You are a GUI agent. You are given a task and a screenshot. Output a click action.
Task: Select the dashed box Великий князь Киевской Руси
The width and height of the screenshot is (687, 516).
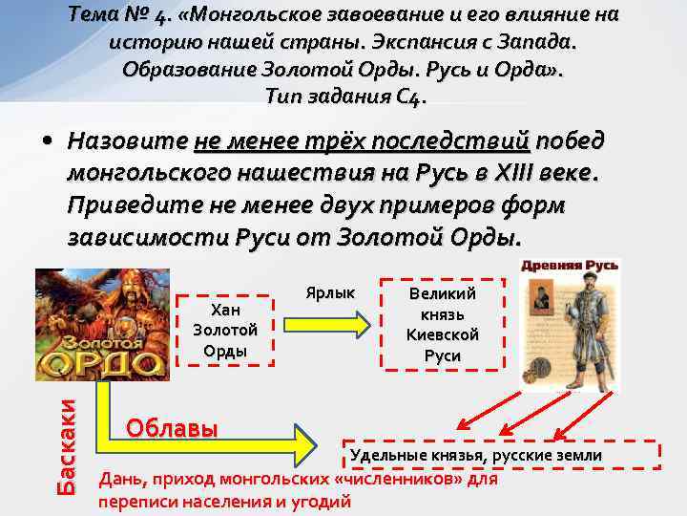(442, 325)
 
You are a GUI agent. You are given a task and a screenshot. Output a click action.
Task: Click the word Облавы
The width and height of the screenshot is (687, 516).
(172, 427)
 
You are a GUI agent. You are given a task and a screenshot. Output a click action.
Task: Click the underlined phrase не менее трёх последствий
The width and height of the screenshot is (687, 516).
(362, 141)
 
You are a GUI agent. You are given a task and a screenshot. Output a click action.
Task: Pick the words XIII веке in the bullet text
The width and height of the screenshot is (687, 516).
(544, 174)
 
